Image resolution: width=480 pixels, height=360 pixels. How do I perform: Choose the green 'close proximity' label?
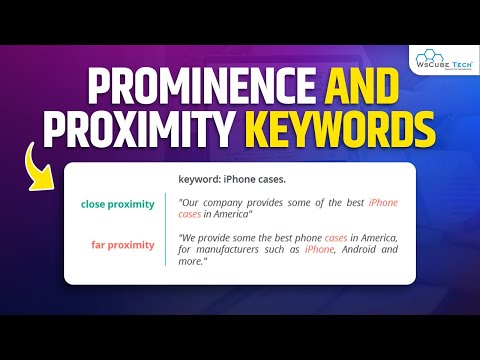118,204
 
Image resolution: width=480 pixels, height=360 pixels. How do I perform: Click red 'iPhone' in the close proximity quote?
383,203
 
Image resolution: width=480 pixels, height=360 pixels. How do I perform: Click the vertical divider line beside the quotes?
166,228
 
